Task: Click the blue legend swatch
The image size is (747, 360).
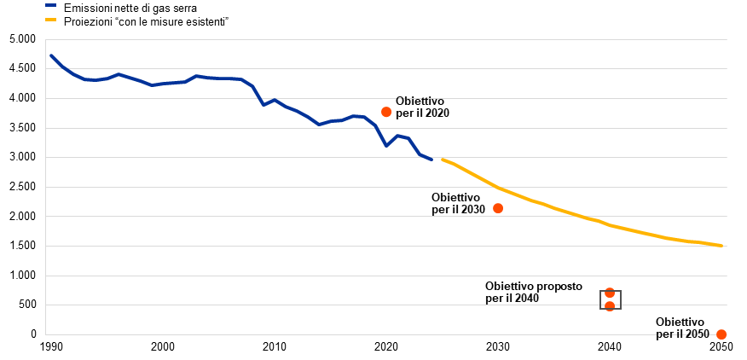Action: pyautogui.click(x=50, y=5)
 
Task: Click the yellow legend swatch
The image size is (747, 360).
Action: pyautogui.click(x=50, y=19)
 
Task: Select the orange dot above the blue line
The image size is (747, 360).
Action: pyautogui.click(x=386, y=112)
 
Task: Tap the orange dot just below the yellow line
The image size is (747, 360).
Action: pyautogui.click(x=498, y=208)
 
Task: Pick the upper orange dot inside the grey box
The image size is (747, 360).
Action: pyautogui.click(x=610, y=293)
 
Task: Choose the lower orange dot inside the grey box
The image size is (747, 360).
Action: pyautogui.click(x=610, y=306)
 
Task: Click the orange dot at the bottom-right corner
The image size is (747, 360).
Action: pyautogui.click(x=721, y=334)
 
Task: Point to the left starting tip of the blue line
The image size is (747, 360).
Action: pyautogui.click(x=51, y=55)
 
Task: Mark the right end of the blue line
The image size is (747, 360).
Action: pyautogui.click(x=431, y=159)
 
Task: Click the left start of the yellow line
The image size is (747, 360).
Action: pyautogui.click(x=443, y=160)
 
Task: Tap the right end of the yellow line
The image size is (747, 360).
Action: pyautogui.click(x=722, y=246)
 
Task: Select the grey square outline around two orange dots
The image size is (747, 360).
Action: pyautogui.click(x=601, y=299)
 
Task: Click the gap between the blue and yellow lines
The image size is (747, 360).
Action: pyautogui.click(x=437, y=160)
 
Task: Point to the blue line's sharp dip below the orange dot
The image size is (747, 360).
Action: pyautogui.click(x=385, y=145)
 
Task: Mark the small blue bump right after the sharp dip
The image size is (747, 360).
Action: pyautogui.click(x=397, y=135)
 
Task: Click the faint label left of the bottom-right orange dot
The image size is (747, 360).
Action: pyautogui.click(x=682, y=334)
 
